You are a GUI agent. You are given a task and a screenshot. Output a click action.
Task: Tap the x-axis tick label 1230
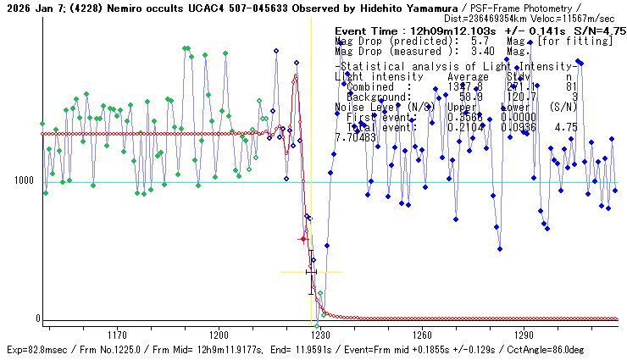[x=320, y=335]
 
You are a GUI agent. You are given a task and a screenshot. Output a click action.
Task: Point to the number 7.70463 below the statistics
[x=355, y=137]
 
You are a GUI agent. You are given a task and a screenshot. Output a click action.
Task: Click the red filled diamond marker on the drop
[x=302, y=240]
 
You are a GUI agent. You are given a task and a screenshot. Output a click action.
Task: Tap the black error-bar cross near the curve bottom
[x=311, y=273]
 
